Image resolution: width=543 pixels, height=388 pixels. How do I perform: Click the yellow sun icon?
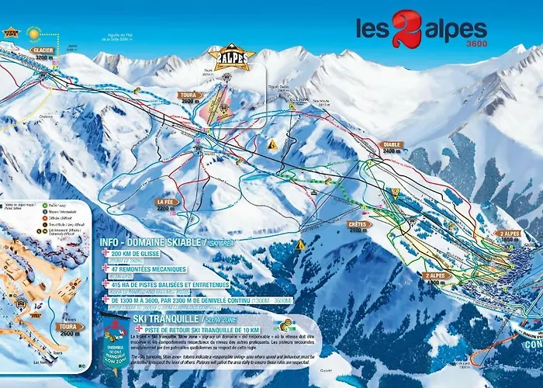[33, 33]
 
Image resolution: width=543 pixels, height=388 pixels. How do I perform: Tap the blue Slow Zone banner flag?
[119, 345]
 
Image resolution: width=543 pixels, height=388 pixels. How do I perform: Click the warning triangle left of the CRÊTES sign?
[299, 244]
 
